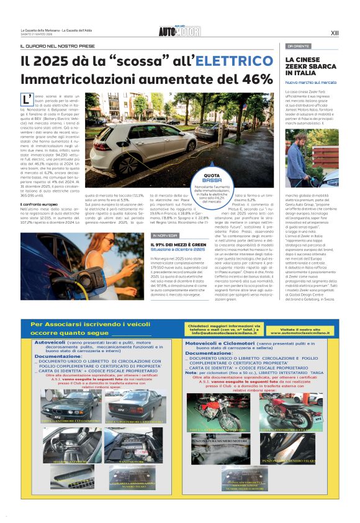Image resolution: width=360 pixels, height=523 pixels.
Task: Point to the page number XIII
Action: (x=335, y=33)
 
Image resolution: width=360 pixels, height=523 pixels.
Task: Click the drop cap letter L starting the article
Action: (x=27, y=100)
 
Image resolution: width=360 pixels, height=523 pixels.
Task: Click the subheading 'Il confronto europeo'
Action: (x=38, y=204)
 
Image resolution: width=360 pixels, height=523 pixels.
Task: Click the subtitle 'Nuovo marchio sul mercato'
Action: (x=311, y=82)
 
